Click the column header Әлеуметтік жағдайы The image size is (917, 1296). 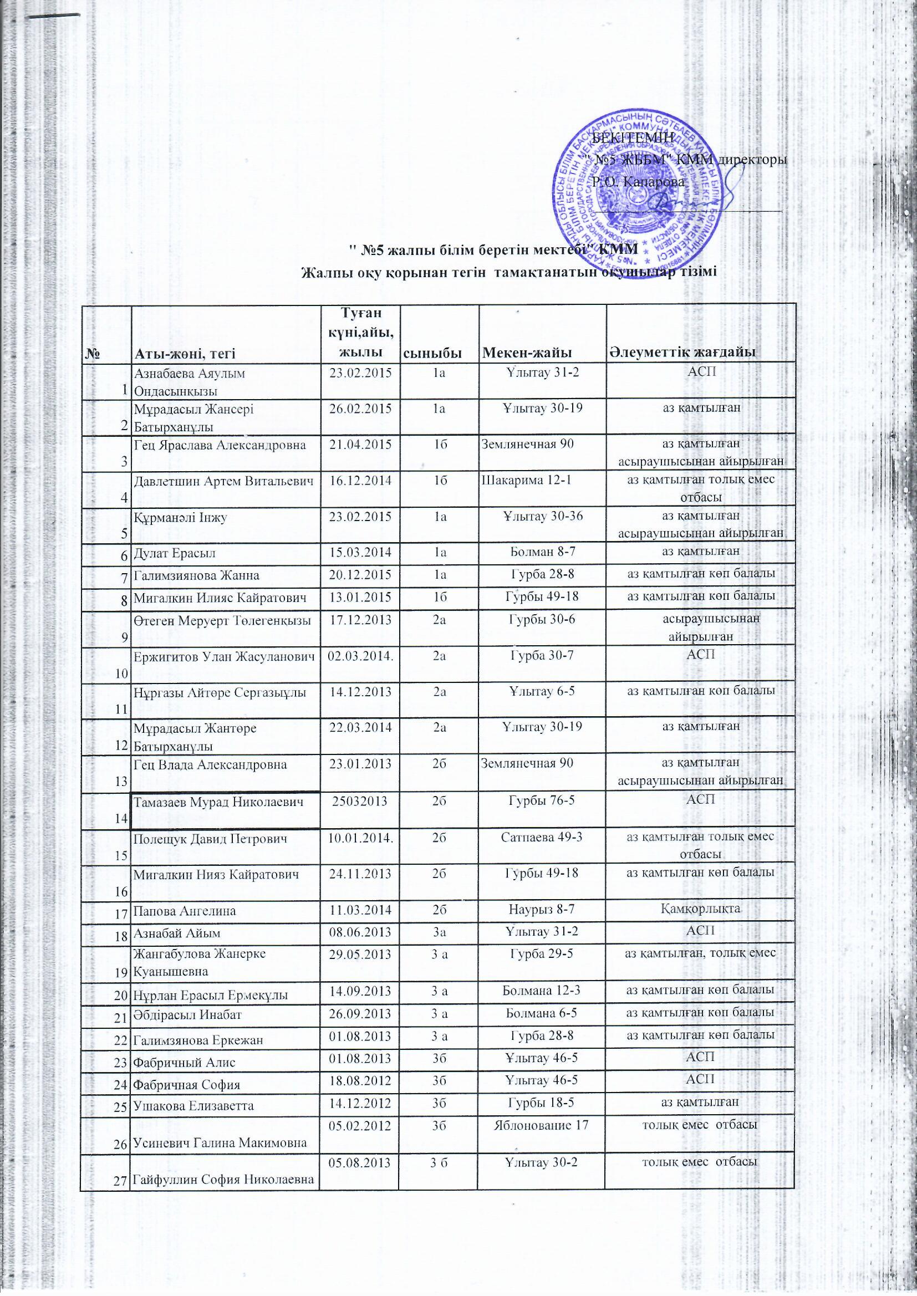coord(682,353)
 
